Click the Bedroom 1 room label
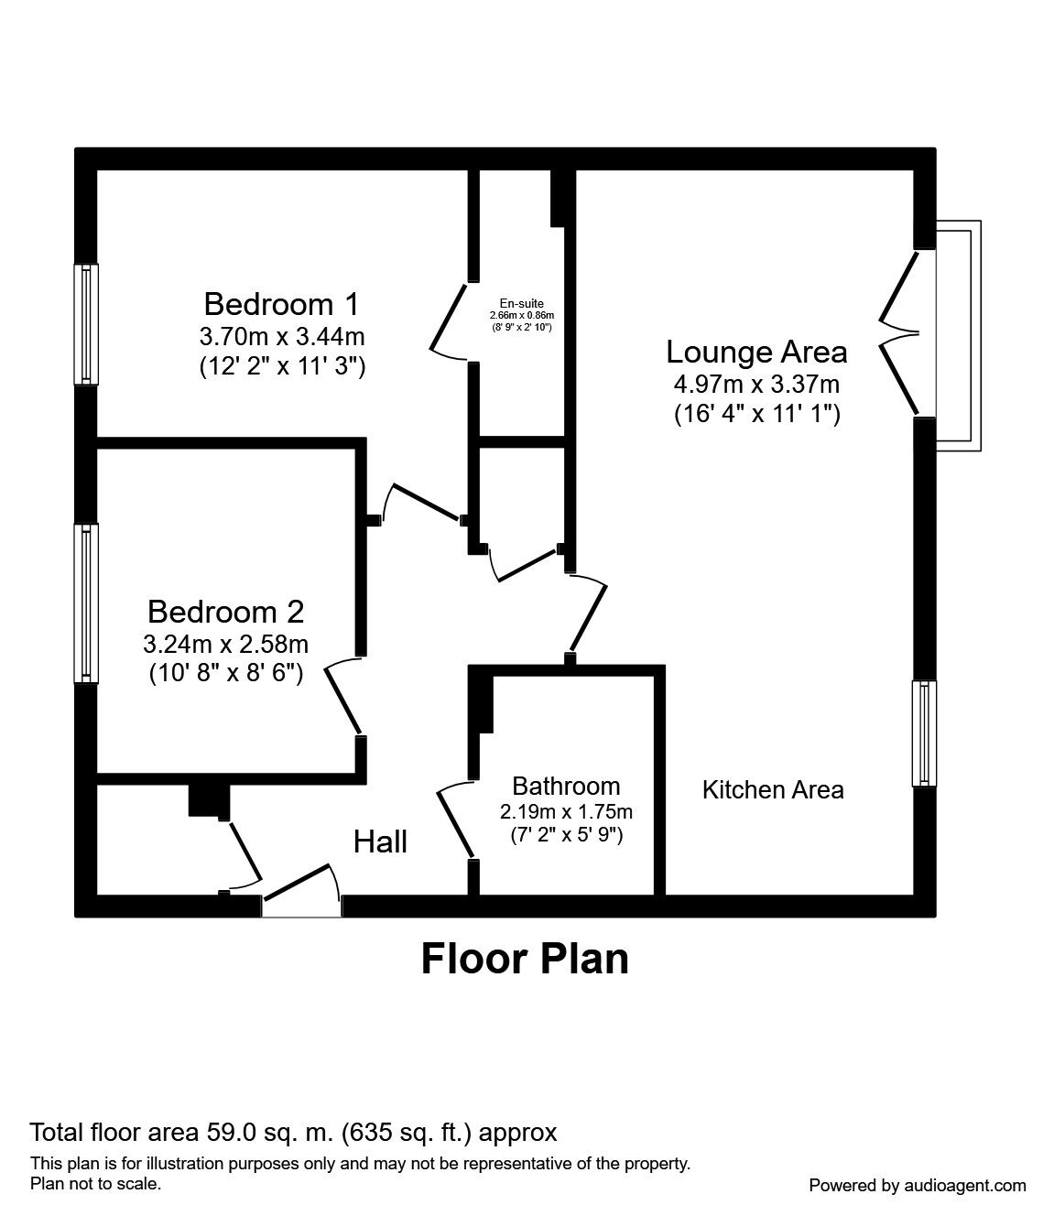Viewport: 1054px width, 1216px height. (282, 303)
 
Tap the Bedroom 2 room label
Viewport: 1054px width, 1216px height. (225, 611)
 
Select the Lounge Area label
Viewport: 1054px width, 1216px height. (756, 352)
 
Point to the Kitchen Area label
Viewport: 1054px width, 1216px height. (773, 789)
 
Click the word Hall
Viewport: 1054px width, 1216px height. (380, 841)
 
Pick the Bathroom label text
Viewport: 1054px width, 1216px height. (566, 786)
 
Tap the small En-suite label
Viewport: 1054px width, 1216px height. (521, 303)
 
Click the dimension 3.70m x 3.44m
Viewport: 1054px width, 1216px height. (282, 336)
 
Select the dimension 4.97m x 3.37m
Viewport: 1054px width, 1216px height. (756, 384)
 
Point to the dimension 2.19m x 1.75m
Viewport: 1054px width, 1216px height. (566, 811)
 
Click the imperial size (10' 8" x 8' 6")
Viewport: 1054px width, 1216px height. (225, 673)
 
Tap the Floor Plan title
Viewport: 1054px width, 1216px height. (525, 959)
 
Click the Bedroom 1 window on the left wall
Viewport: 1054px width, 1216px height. (86, 324)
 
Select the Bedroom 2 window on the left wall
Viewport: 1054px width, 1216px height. (86, 603)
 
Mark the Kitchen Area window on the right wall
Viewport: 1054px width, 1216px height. (924, 733)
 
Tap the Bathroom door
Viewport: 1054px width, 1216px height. (455, 820)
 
